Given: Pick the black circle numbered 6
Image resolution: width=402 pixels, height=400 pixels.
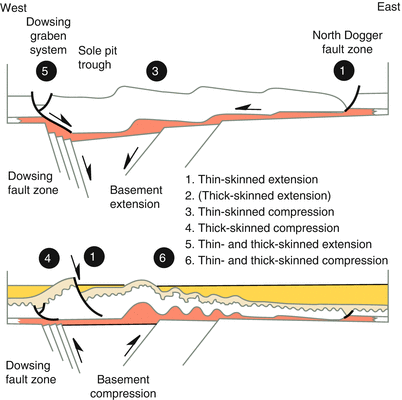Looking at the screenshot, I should tap(165, 258).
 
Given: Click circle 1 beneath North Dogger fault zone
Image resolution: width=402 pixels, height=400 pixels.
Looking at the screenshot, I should tap(343, 71).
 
